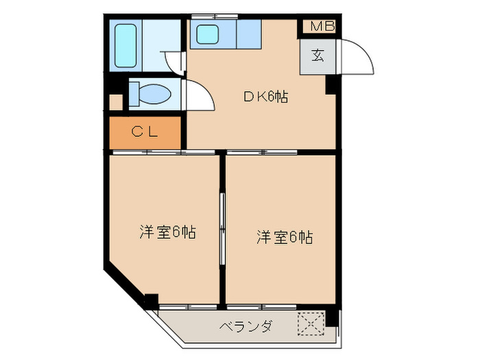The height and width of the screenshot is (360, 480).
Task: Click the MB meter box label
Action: click(323, 26)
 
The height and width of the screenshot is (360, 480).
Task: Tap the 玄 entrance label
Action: click(317, 56)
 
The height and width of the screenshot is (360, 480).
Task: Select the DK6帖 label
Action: click(266, 97)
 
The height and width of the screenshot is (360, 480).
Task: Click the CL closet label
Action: click(145, 132)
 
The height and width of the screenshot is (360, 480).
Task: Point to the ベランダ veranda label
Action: click(245, 326)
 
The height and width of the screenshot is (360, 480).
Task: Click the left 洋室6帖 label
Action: click(168, 232)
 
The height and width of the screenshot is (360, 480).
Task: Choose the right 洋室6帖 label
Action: click(285, 237)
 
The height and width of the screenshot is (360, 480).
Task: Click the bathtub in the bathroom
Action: click(125, 46)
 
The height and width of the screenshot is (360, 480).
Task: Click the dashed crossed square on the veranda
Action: click(311, 324)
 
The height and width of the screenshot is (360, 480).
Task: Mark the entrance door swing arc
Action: click(366, 51)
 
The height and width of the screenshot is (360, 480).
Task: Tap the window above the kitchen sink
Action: click(215, 16)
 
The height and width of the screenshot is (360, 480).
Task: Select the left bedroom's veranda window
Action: click(189, 307)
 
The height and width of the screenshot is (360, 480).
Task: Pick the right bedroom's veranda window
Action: click(262, 307)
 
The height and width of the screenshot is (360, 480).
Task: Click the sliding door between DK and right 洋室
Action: click(262, 152)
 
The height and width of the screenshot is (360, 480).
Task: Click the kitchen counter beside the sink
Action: click(248, 34)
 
